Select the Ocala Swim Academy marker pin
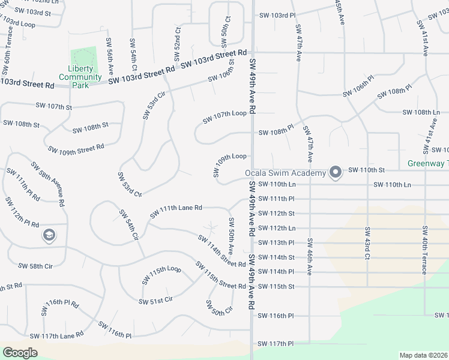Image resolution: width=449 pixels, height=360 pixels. click(x=336, y=173)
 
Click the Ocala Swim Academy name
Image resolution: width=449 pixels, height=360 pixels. click(x=285, y=173)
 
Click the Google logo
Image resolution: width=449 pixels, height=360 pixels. click(x=20, y=353)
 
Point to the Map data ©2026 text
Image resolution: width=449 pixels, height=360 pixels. click(x=423, y=355)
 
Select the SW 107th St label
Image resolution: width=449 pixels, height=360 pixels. click(x=53, y=106)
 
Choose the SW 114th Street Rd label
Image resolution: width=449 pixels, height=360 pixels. click(x=221, y=251)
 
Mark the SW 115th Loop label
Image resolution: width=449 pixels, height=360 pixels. click(x=161, y=275)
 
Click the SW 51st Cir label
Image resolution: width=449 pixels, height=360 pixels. click(x=155, y=301)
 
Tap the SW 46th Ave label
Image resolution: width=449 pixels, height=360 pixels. click(x=310, y=256)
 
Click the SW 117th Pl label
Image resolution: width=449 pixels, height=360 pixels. click(x=276, y=344)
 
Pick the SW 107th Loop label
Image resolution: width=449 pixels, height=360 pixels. click(x=224, y=116)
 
